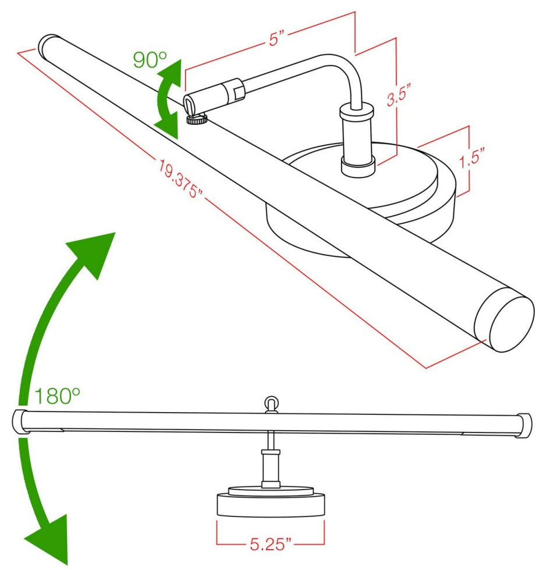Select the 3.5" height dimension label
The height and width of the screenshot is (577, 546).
coord(399,95)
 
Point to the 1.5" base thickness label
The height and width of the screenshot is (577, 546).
coord(473,157)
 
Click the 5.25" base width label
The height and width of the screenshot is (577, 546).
coord(270,544)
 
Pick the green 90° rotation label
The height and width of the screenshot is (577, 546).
coord(150,59)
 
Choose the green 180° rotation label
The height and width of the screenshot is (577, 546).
coord(57,396)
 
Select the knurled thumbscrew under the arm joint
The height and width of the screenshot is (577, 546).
coord(197,119)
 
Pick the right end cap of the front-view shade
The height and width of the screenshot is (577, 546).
coord(523,426)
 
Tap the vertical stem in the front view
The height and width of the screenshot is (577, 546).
coord(271,460)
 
